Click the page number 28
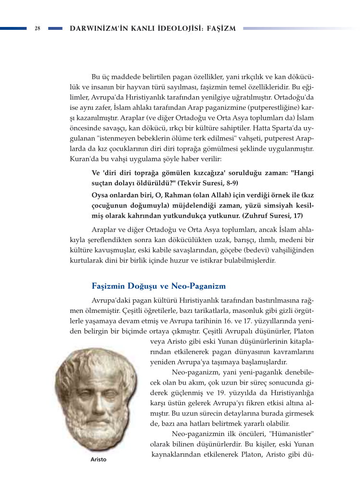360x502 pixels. click(37, 28)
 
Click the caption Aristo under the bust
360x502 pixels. click(98, 460)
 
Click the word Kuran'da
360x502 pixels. click(83, 159)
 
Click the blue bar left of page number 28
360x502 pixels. click(13, 28)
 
